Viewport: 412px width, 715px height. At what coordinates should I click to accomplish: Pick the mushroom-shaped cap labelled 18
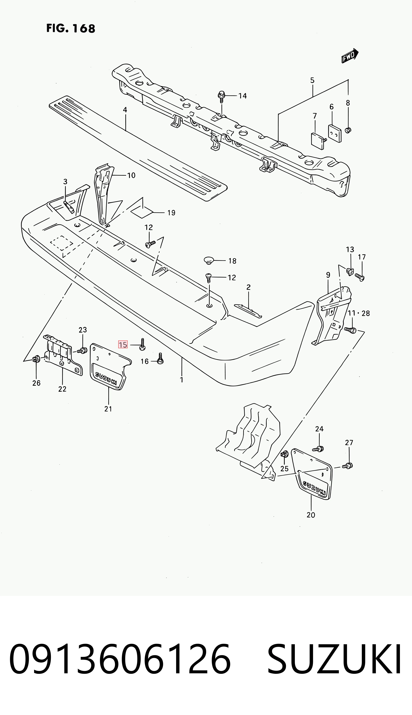click(x=209, y=260)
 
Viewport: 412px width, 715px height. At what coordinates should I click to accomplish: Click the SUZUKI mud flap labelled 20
click(x=311, y=475)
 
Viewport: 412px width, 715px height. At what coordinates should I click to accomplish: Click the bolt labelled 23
click(x=82, y=351)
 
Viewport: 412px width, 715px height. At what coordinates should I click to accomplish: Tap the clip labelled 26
click(x=37, y=360)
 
